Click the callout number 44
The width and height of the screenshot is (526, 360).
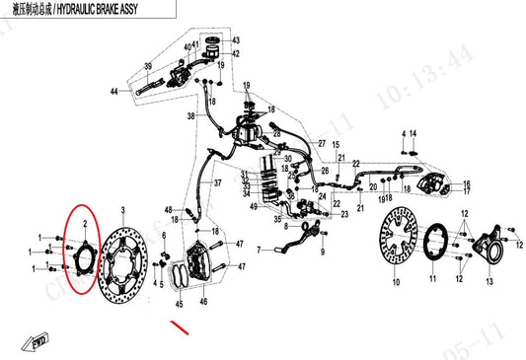[114, 91]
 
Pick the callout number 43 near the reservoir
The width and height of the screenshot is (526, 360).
[235, 40]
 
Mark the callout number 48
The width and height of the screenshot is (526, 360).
[169, 209]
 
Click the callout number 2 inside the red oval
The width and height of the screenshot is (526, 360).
[85, 226]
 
